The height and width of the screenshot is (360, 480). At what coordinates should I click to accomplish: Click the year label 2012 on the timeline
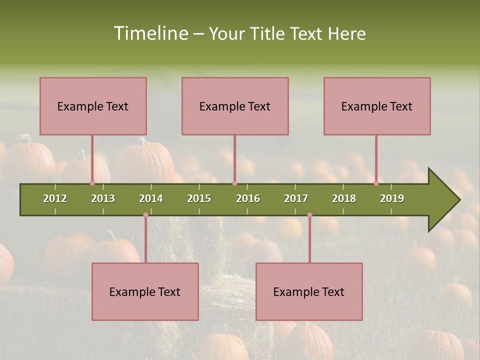pyautogui.click(x=55, y=198)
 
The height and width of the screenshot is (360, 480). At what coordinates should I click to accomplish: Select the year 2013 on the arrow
pyautogui.click(x=103, y=198)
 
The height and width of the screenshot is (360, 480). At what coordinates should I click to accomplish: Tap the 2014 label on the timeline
pyautogui.click(x=151, y=198)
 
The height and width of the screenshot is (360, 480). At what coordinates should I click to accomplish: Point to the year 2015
pyautogui.click(x=199, y=198)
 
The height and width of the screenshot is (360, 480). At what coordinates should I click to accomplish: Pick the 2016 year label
pyautogui.click(x=248, y=198)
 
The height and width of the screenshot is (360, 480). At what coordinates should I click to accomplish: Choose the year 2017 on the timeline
pyautogui.click(x=296, y=198)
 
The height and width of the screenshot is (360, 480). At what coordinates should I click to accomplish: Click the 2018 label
pyautogui.click(x=344, y=198)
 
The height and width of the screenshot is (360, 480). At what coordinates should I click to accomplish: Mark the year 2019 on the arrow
pyautogui.click(x=392, y=198)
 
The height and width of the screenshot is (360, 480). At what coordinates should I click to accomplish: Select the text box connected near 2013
pyautogui.click(x=93, y=106)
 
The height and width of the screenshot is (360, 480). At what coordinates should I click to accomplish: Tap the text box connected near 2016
pyautogui.click(x=235, y=106)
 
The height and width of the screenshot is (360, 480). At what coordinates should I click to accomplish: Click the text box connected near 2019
pyautogui.click(x=377, y=106)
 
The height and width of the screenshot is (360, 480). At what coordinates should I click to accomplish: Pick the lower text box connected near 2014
pyautogui.click(x=145, y=291)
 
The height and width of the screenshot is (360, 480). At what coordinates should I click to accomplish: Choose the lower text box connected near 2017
pyautogui.click(x=309, y=291)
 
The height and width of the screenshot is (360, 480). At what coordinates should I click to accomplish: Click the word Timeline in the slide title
pyautogui.click(x=150, y=33)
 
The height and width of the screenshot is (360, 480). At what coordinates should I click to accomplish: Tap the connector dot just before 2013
pyautogui.click(x=92, y=183)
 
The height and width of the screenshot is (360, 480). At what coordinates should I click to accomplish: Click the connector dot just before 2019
pyautogui.click(x=376, y=183)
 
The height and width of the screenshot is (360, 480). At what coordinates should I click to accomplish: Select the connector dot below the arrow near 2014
pyautogui.click(x=145, y=215)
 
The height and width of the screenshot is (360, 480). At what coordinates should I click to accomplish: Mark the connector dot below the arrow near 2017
pyautogui.click(x=309, y=215)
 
